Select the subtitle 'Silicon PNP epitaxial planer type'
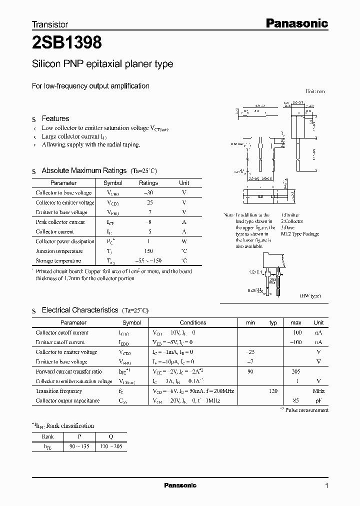pos(102,64)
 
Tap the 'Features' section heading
pos(55,118)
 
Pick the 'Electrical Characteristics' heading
pos(79,310)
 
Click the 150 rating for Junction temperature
pos(148,251)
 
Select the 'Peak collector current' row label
pos(60,222)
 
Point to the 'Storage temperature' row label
pos(58,261)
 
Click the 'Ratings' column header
pos(148,183)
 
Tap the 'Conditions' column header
pos(193,322)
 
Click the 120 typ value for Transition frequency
pos(273,391)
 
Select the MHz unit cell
pos(318,391)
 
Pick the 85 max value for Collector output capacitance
pos(296,400)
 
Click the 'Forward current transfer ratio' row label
pos(68,371)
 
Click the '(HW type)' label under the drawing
pos(310,296)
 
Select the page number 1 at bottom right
pos(327,485)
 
